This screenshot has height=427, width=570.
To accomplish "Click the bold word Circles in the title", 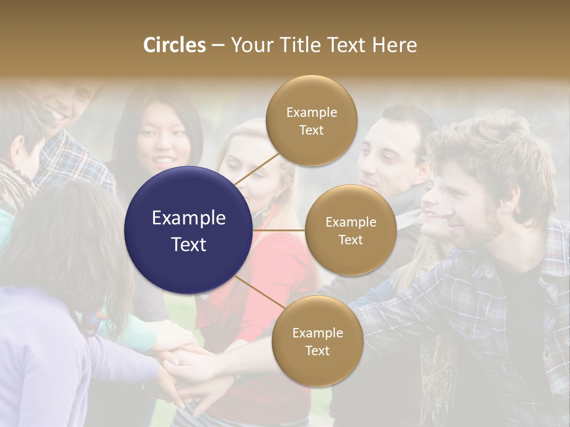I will [175, 45].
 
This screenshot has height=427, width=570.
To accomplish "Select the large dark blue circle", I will [189, 230].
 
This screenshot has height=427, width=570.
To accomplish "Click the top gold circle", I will [311, 120].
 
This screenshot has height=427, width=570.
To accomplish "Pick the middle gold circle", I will [350, 230].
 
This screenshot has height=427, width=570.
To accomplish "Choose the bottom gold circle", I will [317, 341].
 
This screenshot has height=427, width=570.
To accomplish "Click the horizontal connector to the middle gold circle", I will [279, 230].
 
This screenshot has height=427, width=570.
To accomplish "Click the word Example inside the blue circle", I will [189, 218].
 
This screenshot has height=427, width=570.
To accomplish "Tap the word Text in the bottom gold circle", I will [317, 350].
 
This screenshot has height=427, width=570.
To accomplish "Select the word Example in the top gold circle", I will [311, 113].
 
